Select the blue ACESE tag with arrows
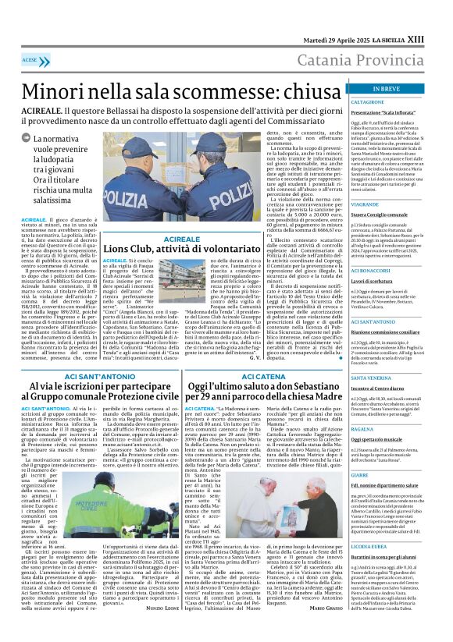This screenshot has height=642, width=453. (x=31, y=59)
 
